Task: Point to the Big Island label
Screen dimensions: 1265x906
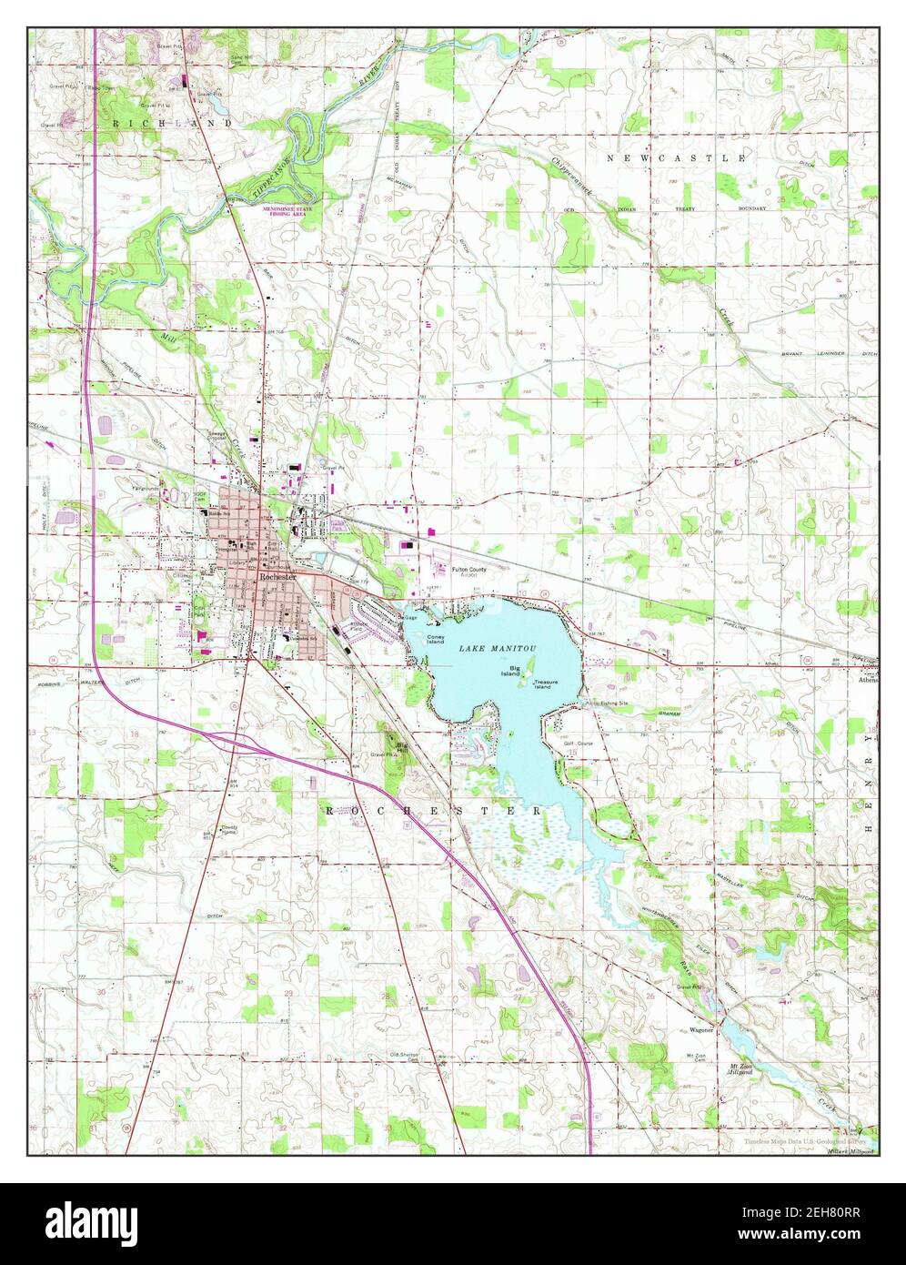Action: (x=509, y=670)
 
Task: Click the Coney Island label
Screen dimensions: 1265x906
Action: (x=437, y=638)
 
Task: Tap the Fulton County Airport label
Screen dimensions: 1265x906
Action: (x=470, y=572)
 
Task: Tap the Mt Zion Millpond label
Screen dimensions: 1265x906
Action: (x=739, y=1068)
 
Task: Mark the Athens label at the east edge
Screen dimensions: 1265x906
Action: (x=867, y=677)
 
